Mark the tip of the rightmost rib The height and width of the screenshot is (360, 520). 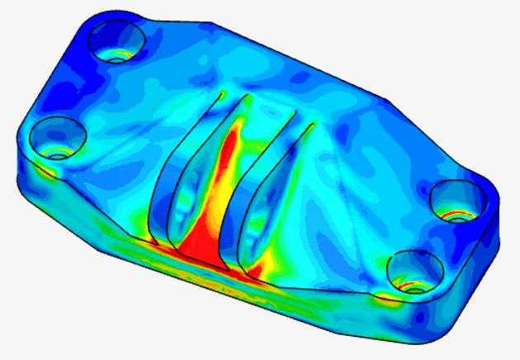click(314, 125)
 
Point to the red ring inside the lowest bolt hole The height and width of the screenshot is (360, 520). click(412, 285)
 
